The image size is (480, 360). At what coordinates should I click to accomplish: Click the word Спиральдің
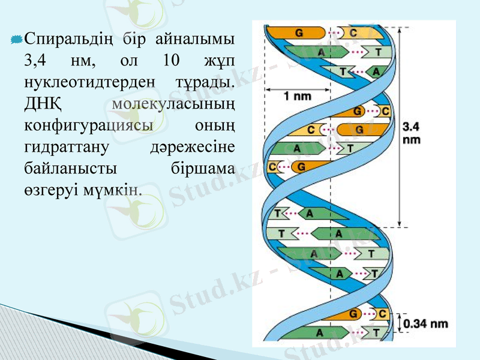pos(67,40)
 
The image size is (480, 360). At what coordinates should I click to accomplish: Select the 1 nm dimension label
pos(296,95)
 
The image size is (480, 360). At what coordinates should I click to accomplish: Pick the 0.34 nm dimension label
pos(425,324)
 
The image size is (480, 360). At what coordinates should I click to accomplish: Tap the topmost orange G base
pos(298,32)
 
